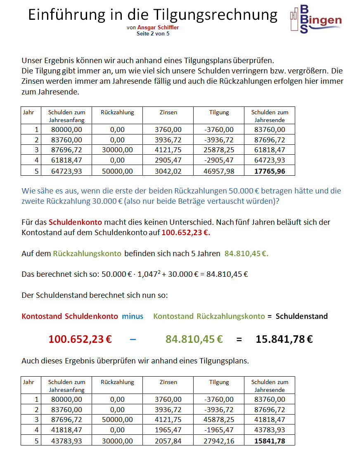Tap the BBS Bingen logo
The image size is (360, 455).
[315, 19]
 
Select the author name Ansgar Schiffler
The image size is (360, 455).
[158, 28]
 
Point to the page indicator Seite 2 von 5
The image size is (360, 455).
[153, 33]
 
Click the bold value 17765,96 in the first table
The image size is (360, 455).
[270, 170]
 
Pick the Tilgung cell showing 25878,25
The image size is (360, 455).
[219, 150]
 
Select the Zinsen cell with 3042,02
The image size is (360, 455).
[168, 170]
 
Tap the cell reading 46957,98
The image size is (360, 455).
[219, 170]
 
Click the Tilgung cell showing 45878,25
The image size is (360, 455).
[219, 420]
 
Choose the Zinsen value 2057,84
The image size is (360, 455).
[168, 441]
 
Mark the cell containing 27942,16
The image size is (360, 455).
[219, 441]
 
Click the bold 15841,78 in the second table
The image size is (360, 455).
[270, 441]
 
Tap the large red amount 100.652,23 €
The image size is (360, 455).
[80, 339]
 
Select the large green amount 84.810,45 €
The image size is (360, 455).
[194, 339]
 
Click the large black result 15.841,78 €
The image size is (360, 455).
[284, 339]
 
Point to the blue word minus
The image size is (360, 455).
[133, 316]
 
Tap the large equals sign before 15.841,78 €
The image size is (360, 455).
[239, 339]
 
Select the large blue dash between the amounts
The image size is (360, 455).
[133, 339]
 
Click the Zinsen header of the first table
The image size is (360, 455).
[168, 112]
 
